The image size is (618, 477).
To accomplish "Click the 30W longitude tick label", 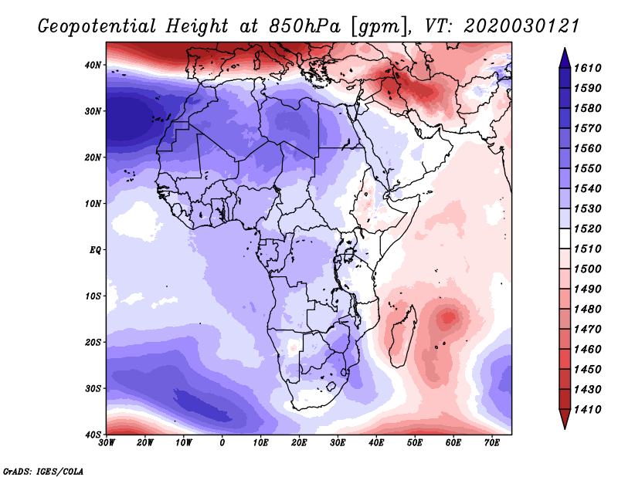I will pyautogui.click(x=107, y=443).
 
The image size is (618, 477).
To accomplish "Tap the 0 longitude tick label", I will pyautogui.click(x=222, y=443).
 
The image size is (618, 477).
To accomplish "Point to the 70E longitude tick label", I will pyautogui.click(x=492, y=443).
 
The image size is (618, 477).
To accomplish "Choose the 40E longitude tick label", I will pyautogui.click(x=376, y=443).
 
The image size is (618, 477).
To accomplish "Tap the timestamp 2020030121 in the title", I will pyautogui.click(x=522, y=25).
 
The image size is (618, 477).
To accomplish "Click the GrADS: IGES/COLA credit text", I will pyautogui.click(x=43, y=470).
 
